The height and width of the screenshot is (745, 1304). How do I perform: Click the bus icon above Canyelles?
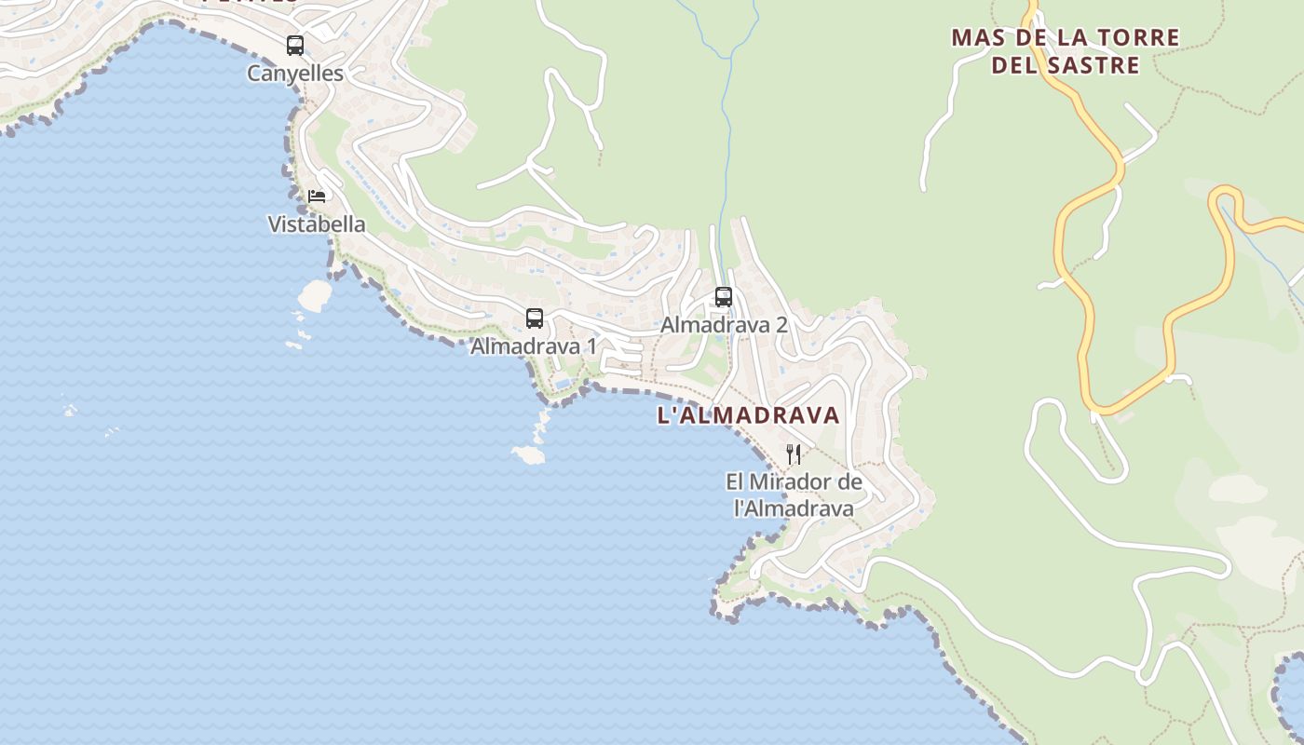295,45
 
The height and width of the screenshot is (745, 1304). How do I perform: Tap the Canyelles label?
295,74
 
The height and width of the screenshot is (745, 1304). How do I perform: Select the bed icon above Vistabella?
317,196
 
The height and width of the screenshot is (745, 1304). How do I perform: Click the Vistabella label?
317,224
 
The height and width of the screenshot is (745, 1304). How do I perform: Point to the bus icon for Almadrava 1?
535,318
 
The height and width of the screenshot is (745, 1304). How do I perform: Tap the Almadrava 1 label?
534,346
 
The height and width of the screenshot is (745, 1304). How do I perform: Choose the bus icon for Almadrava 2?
724,297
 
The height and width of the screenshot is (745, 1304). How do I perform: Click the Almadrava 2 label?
724,325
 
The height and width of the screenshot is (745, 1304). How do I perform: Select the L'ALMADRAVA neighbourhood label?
749,415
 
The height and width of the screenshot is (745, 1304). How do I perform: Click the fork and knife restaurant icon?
794,454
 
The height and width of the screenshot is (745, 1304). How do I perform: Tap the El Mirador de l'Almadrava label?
794,495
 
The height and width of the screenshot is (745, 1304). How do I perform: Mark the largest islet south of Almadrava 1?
528,454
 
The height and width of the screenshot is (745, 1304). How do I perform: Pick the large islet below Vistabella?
315,296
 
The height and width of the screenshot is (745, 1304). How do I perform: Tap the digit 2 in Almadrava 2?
781,325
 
